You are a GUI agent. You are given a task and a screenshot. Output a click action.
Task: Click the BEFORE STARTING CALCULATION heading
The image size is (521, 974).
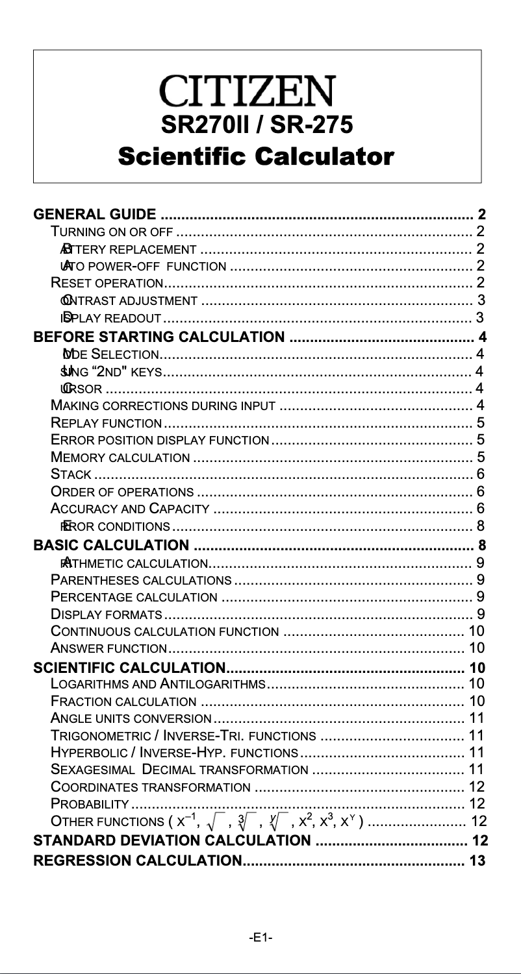click(159, 337)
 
